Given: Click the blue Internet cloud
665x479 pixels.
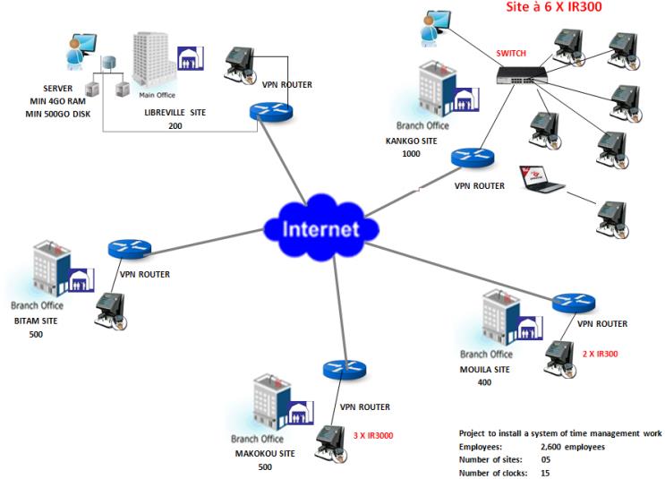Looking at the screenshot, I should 320,228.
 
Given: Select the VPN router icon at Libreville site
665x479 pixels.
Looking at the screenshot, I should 270,111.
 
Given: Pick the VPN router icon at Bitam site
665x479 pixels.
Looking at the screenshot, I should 129,249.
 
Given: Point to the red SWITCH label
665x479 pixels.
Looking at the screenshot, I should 511,54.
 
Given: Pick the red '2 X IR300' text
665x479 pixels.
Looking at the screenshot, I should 600,354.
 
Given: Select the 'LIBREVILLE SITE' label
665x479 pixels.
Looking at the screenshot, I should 175,114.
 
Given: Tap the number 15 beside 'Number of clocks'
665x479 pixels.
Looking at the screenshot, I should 546,472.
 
